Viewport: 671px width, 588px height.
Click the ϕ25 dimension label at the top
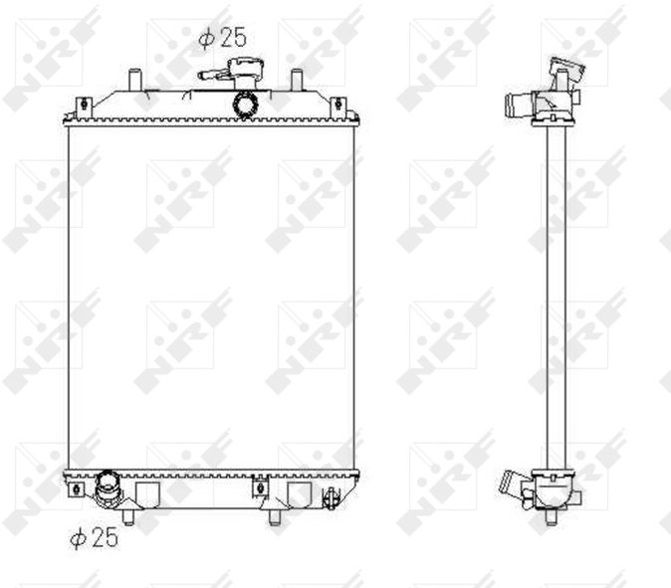coord(223,38)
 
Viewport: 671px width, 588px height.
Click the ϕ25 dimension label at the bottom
coord(94,537)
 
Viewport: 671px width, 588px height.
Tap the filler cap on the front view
coord(244,70)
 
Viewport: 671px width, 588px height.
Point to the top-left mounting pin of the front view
coord(135,80)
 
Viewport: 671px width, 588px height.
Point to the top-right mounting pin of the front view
coord(297,80)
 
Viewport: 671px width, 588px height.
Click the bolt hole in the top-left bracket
coord(85,103)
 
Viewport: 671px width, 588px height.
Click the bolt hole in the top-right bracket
coord(338,103)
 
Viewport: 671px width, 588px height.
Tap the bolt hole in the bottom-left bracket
coord(77,489)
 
